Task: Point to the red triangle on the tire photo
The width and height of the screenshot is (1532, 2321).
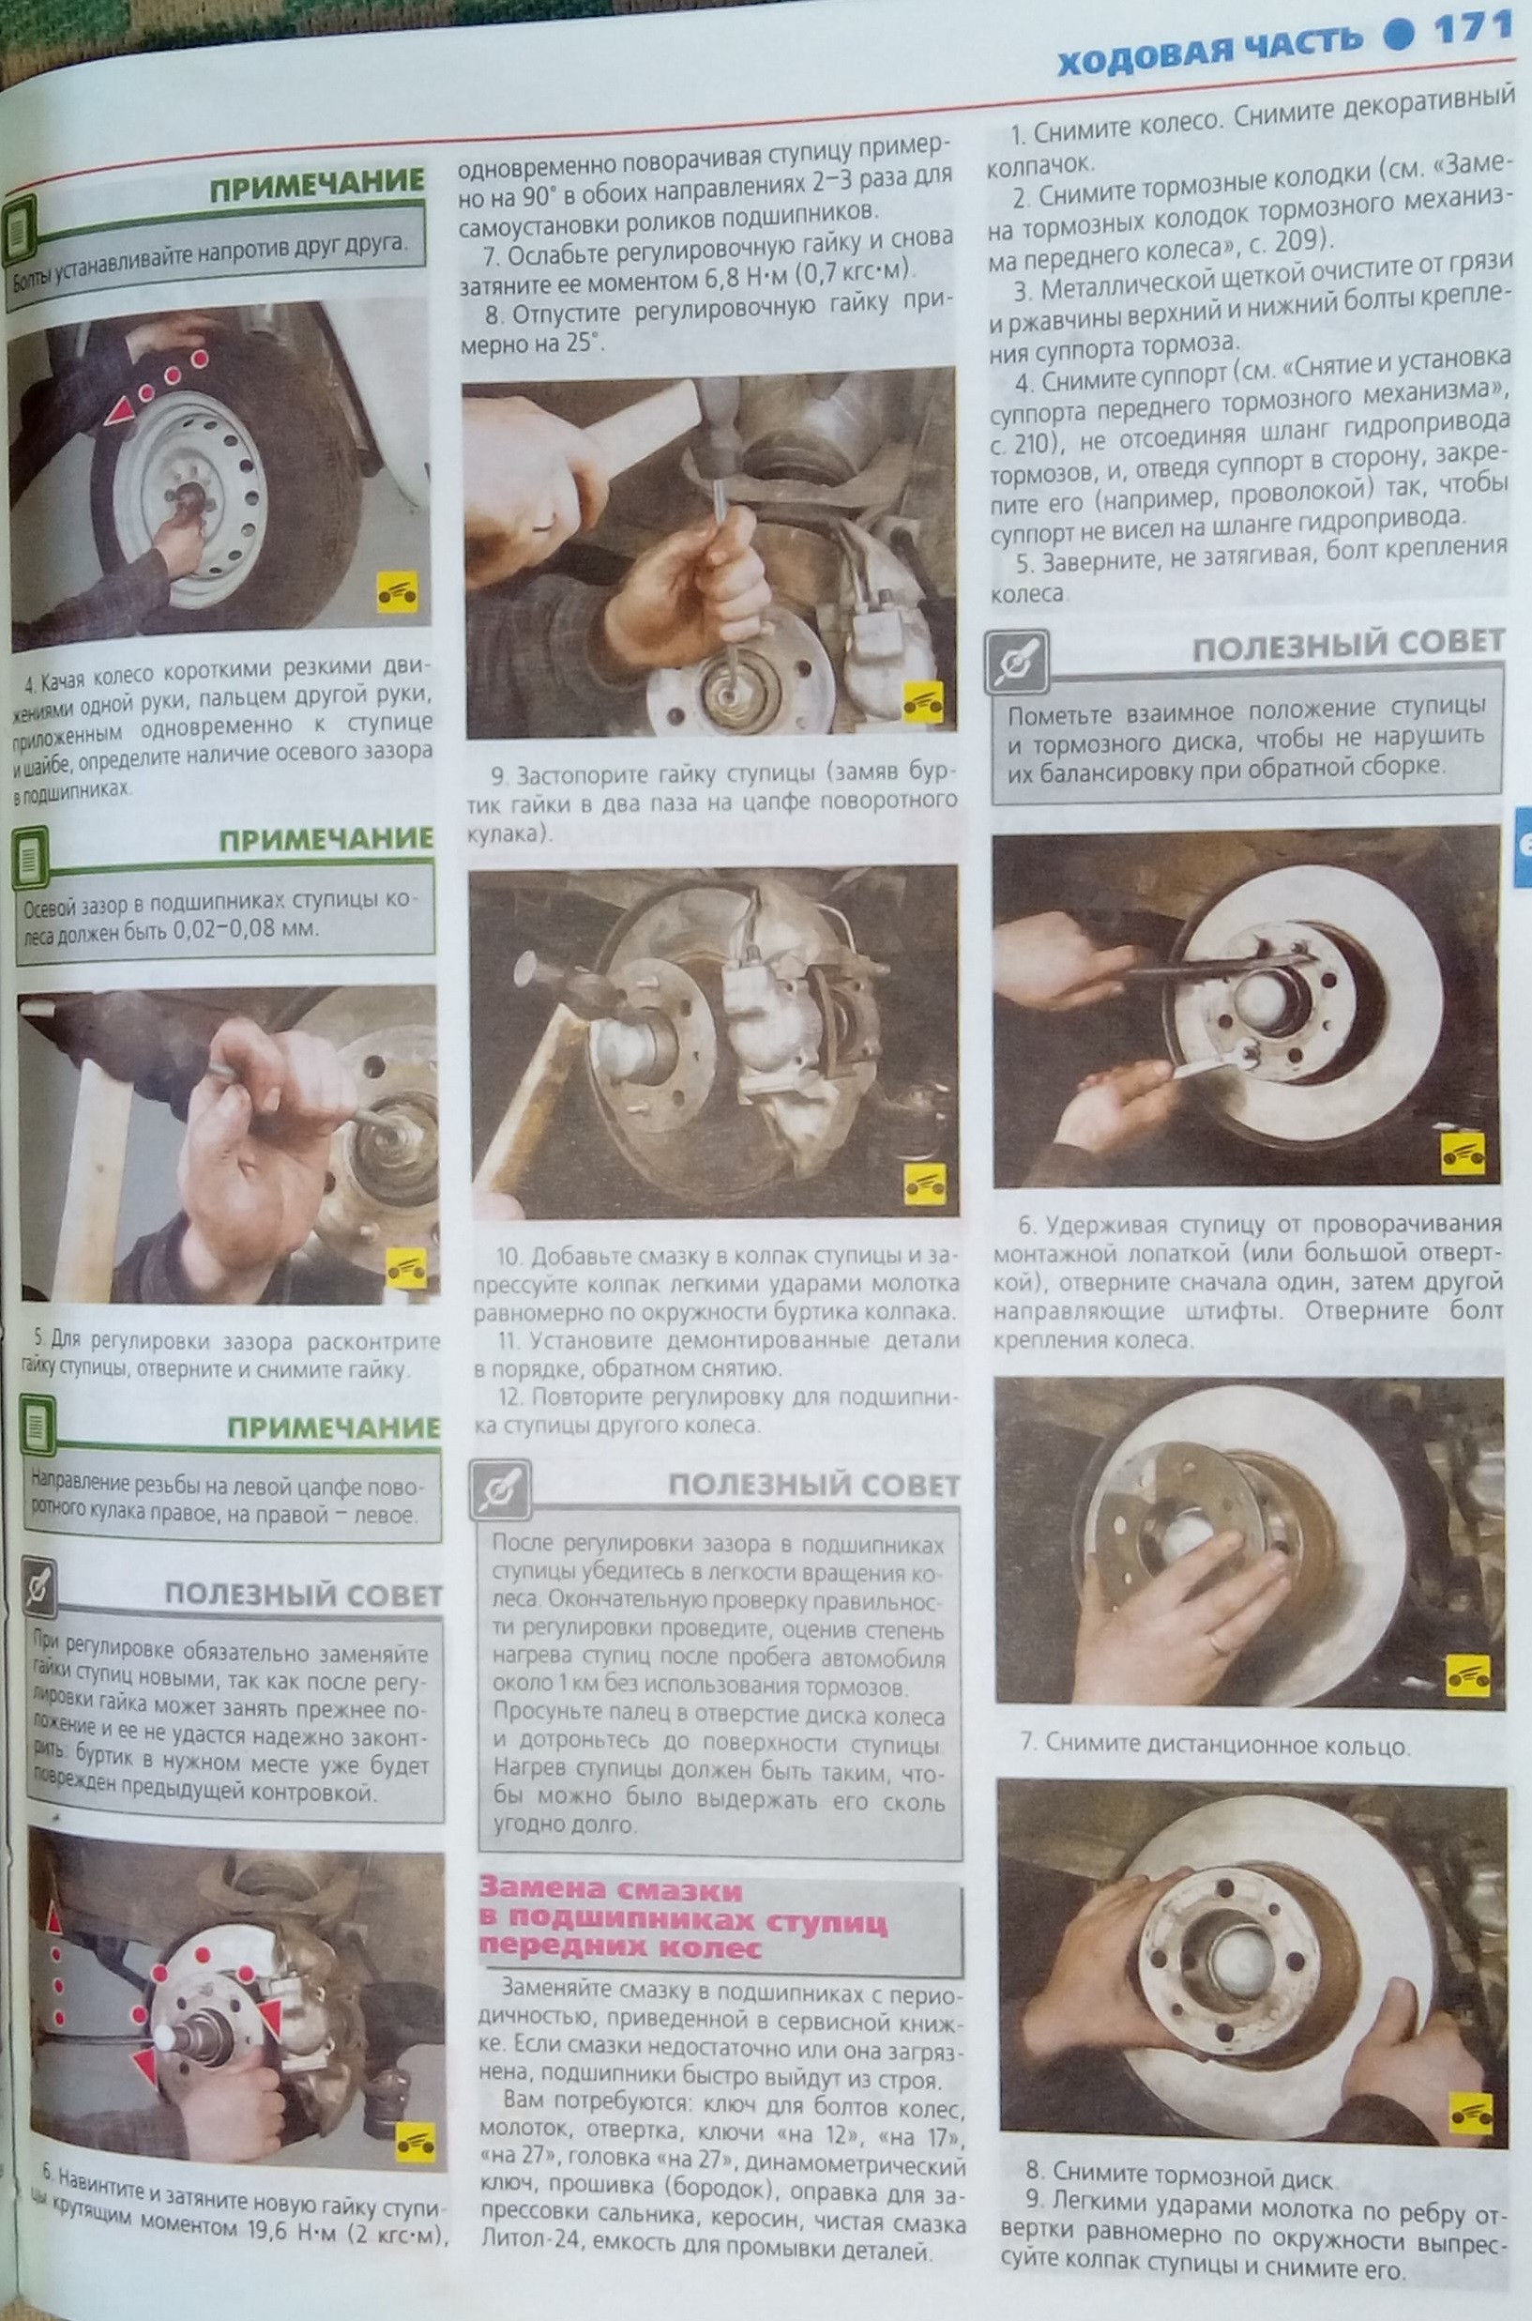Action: coord(120,411)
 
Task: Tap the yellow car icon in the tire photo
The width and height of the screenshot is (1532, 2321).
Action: coord(397,591)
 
